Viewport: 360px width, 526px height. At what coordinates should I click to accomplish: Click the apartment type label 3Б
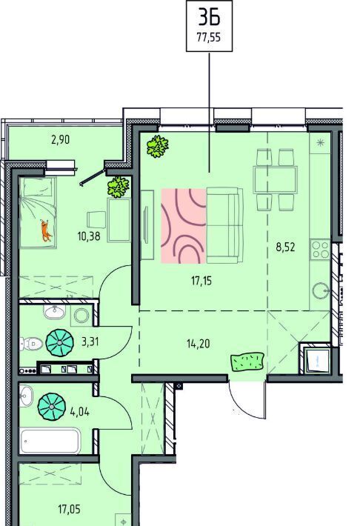[x=209, y=17]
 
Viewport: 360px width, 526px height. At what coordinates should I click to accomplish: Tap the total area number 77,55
[x=209, y=37]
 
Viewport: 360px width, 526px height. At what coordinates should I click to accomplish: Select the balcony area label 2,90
[x=61, y=139]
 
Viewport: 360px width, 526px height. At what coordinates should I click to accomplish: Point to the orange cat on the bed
[x=46, y=230]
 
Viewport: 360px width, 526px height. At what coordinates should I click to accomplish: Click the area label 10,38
[x=89, y=236]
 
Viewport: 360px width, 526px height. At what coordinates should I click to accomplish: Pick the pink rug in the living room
[x=184, y=226]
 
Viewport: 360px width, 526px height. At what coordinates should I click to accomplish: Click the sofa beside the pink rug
[x=224, y=225]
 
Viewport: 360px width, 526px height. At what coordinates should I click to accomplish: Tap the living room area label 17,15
[x=201, y=281]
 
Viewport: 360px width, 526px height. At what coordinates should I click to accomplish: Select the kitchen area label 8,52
[x=285, y=247]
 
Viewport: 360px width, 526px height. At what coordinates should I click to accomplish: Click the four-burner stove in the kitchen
[x=321, y=250]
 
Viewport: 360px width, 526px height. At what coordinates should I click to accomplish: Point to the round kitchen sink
[x=321, y=291]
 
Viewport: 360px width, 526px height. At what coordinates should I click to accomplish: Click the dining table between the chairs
[x=276, y=180]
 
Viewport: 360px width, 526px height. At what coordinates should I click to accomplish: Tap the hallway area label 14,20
[x=198, y=344]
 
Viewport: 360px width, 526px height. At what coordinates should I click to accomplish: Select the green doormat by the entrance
[x=247, y=362]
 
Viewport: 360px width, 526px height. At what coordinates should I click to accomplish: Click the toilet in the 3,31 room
[x=30, y=344]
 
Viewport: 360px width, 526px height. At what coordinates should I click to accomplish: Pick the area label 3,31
[x=90, y=342]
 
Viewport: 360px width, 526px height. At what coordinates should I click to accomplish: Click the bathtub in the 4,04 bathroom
[x=50, y=441]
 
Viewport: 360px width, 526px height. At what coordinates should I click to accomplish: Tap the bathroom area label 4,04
[x=79, y=411]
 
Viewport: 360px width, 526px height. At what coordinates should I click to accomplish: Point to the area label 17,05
[x=69, y=510]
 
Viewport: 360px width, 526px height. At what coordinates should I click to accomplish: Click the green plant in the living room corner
[x=157, y=146]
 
